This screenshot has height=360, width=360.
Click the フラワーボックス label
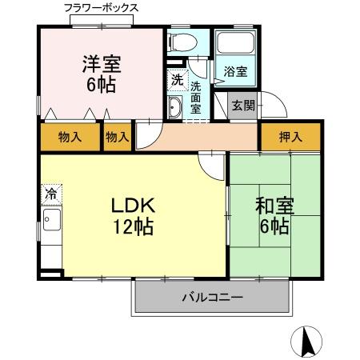point(101,7)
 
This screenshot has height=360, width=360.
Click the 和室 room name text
point(274,206)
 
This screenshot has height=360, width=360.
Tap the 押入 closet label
point(290,137)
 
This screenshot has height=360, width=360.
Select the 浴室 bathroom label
point(234,72)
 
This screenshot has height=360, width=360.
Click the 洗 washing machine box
point(176,79)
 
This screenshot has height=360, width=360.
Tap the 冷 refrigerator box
point(50,194)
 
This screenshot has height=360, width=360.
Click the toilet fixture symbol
point(182,43)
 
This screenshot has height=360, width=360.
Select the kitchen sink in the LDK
point(50,222)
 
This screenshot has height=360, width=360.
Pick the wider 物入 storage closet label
point(70,137)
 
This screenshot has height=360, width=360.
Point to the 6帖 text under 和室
point(274,226)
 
